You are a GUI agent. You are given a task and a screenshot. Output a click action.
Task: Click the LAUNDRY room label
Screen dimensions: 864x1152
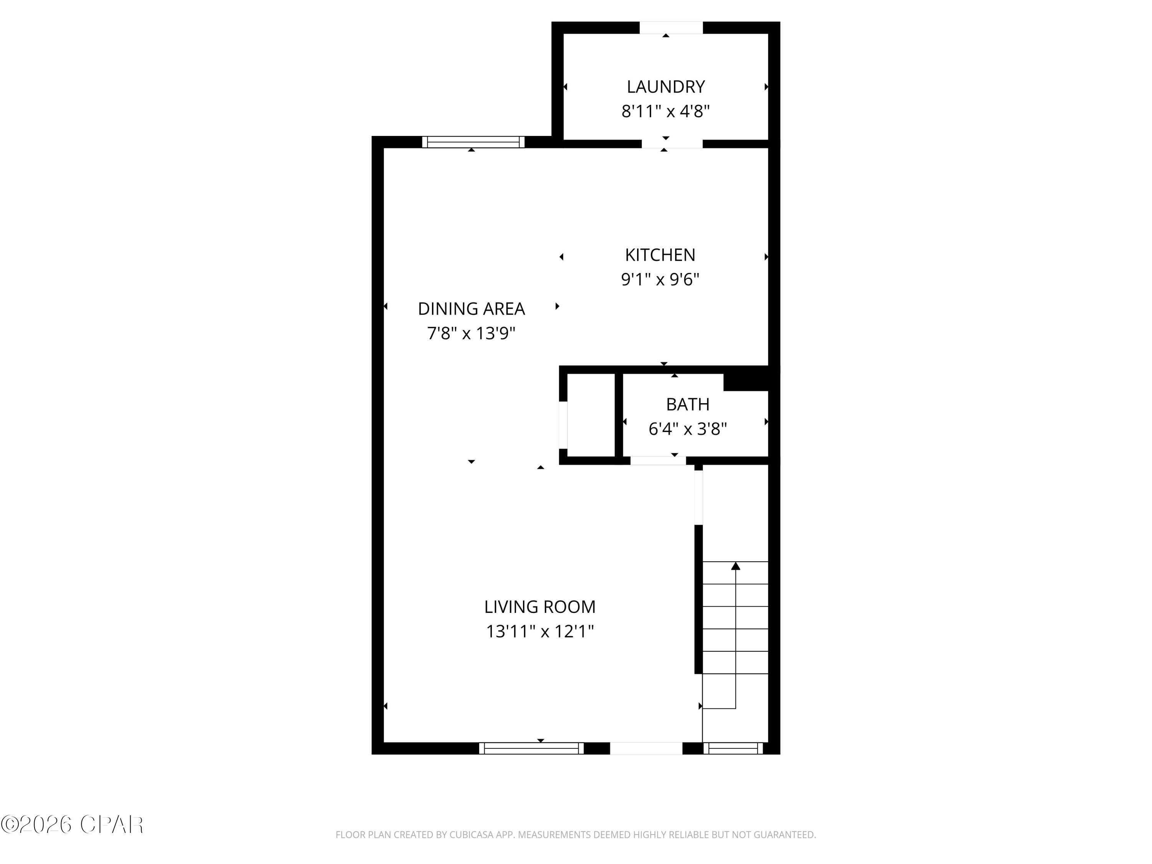tap(665, 86)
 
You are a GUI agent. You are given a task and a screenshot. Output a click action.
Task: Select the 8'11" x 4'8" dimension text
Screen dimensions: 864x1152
tap(665, 111)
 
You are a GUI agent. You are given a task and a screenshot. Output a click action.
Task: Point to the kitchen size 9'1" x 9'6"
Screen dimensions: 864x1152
tap(660, 280)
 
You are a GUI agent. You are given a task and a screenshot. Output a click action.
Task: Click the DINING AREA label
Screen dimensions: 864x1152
tap(471, 309)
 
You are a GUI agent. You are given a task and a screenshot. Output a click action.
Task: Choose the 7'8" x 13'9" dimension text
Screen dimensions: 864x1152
tap(471, 333)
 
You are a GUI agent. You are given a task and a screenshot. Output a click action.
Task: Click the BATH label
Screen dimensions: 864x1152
tap(687, 404)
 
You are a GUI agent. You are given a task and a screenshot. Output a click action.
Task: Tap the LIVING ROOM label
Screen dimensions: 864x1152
tap(540, 607)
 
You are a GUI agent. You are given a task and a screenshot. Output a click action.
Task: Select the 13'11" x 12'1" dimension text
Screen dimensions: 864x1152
tap(540, 632)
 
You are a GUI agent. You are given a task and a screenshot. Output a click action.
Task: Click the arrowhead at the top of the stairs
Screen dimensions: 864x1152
tap(735, 566)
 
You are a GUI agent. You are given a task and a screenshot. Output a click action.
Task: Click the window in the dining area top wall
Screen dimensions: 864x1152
tap(473, 142)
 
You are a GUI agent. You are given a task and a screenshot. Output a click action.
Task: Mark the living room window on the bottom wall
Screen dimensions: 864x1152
tap(531, 748)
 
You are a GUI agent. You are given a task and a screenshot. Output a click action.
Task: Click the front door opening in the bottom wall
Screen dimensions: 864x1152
tap(646, 748)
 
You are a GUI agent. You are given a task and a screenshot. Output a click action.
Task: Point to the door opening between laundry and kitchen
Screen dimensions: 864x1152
tap(672, 144)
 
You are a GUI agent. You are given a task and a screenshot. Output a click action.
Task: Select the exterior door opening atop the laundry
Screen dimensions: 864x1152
tap(671, 28)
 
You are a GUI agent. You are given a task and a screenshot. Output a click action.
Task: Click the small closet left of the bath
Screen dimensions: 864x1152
tap(591, 415)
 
